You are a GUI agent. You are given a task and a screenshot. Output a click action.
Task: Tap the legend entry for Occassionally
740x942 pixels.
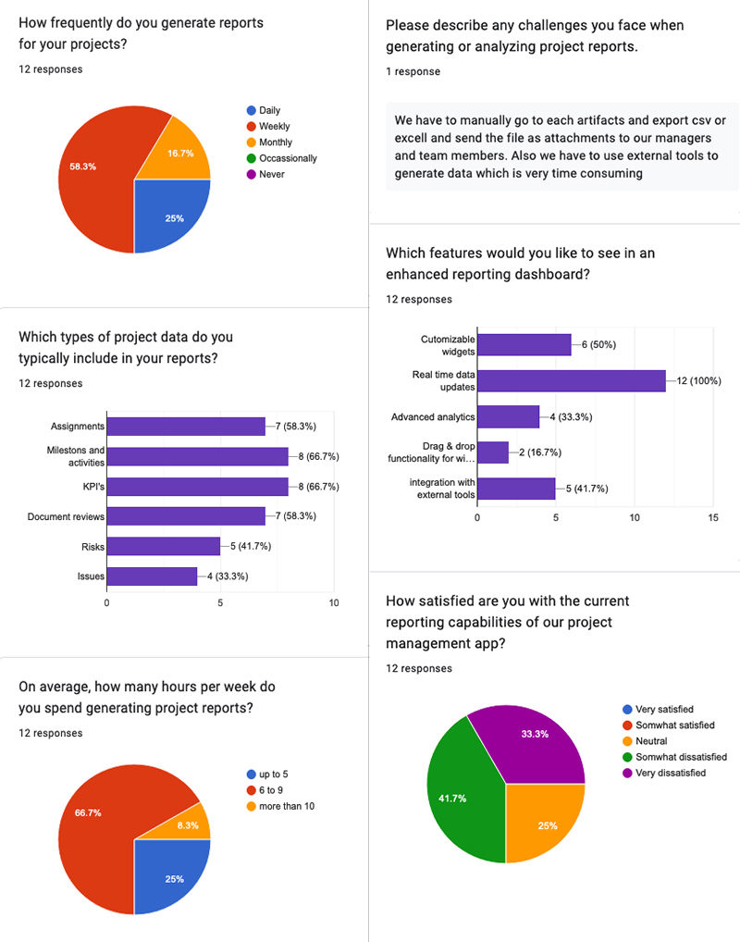(x=288, y=158)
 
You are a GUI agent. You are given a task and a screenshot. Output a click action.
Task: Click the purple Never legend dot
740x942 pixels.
(x=251, y=174)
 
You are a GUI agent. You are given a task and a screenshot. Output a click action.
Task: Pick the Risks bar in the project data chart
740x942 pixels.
(x=163, y=547)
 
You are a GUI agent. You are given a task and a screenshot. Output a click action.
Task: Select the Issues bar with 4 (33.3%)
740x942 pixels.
(x=152, y=576)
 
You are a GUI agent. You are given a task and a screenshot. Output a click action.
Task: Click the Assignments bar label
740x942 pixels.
(x=78, y=427)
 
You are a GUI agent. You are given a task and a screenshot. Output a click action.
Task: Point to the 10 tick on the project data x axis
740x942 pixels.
(x=334, y=603)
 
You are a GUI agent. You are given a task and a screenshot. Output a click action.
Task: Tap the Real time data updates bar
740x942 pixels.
(x=571, y=380)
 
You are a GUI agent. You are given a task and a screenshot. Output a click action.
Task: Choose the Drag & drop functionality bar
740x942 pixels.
(x=492, y=452)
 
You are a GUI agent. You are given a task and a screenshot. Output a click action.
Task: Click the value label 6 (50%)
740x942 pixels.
(x=598, y=344)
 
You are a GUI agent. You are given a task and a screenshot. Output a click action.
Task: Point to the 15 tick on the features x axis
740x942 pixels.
(x=712, y=518)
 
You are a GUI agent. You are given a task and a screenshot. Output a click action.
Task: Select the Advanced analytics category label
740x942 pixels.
(x=433, y=417)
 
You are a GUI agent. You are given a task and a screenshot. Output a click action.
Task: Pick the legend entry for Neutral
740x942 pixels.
(x=651, y=741)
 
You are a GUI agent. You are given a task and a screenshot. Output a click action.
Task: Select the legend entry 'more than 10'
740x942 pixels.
(x=287, y=806)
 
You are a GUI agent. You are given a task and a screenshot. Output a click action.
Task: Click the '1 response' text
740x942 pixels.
(x=413, y=71)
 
